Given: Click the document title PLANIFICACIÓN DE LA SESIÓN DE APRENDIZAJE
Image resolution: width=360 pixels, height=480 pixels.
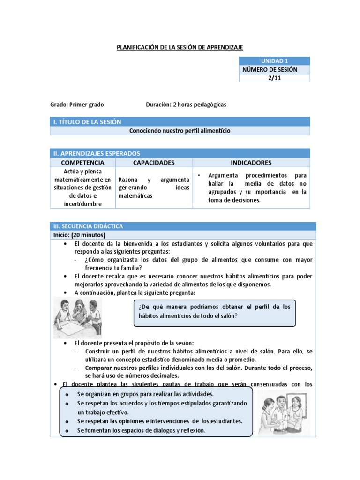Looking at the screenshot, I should pyautogui.click(x=180, y=47).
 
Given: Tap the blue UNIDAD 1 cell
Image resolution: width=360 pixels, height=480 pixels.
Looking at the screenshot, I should pyautogui.click(x=274, y=61).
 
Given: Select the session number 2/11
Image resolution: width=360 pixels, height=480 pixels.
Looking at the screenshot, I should pyautogui.click(x=274, y=78).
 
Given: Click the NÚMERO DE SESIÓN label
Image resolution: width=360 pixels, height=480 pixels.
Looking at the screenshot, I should pyautogui.click(x=270, y=70).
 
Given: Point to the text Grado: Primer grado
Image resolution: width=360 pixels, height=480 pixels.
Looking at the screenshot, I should pyautogui.click(x=77, y=105).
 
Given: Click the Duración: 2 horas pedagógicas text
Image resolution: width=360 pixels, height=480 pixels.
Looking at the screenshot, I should pyautogui.click(x=186, y=105).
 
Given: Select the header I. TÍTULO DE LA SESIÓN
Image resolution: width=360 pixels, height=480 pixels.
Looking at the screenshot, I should pyautogui.click(x=87, y=122).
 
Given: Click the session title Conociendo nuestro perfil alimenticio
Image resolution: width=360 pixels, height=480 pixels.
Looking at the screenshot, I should pyautogui.click(x=180, y=131).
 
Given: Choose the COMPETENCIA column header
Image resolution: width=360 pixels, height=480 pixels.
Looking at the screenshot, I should pyautogui.click(x=82, y=163).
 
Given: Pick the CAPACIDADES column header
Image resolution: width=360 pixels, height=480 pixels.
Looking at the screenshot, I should pyautogui.click(x=154, y=163).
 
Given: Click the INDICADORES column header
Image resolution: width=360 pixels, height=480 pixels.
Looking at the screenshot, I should pyautogui.click(x=251, y=163).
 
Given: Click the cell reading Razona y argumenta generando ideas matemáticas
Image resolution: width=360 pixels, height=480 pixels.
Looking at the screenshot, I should pyautogui.click(x=154, y=187).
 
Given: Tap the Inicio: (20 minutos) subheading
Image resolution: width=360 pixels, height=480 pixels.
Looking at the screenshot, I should pyautogui.click(x=79, y=235).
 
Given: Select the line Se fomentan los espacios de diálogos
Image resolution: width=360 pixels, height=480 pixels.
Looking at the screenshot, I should pyautogui.click(x=142, y=430).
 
